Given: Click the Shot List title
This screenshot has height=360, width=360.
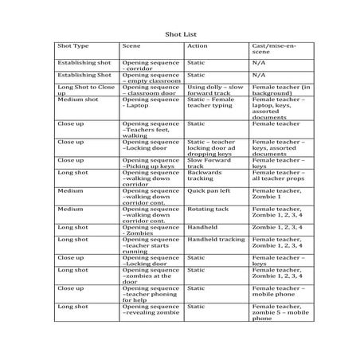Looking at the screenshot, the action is (180, 35).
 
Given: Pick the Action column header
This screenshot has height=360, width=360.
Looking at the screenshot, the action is (196, 45).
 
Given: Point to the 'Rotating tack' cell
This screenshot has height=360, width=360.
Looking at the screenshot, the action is (208, 209).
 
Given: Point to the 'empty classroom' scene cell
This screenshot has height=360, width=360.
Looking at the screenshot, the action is (151, 76).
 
